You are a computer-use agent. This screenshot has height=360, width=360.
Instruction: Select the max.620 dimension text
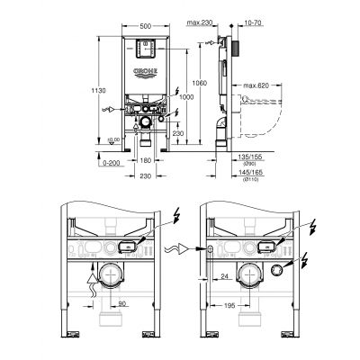click(x=256, y=86)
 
